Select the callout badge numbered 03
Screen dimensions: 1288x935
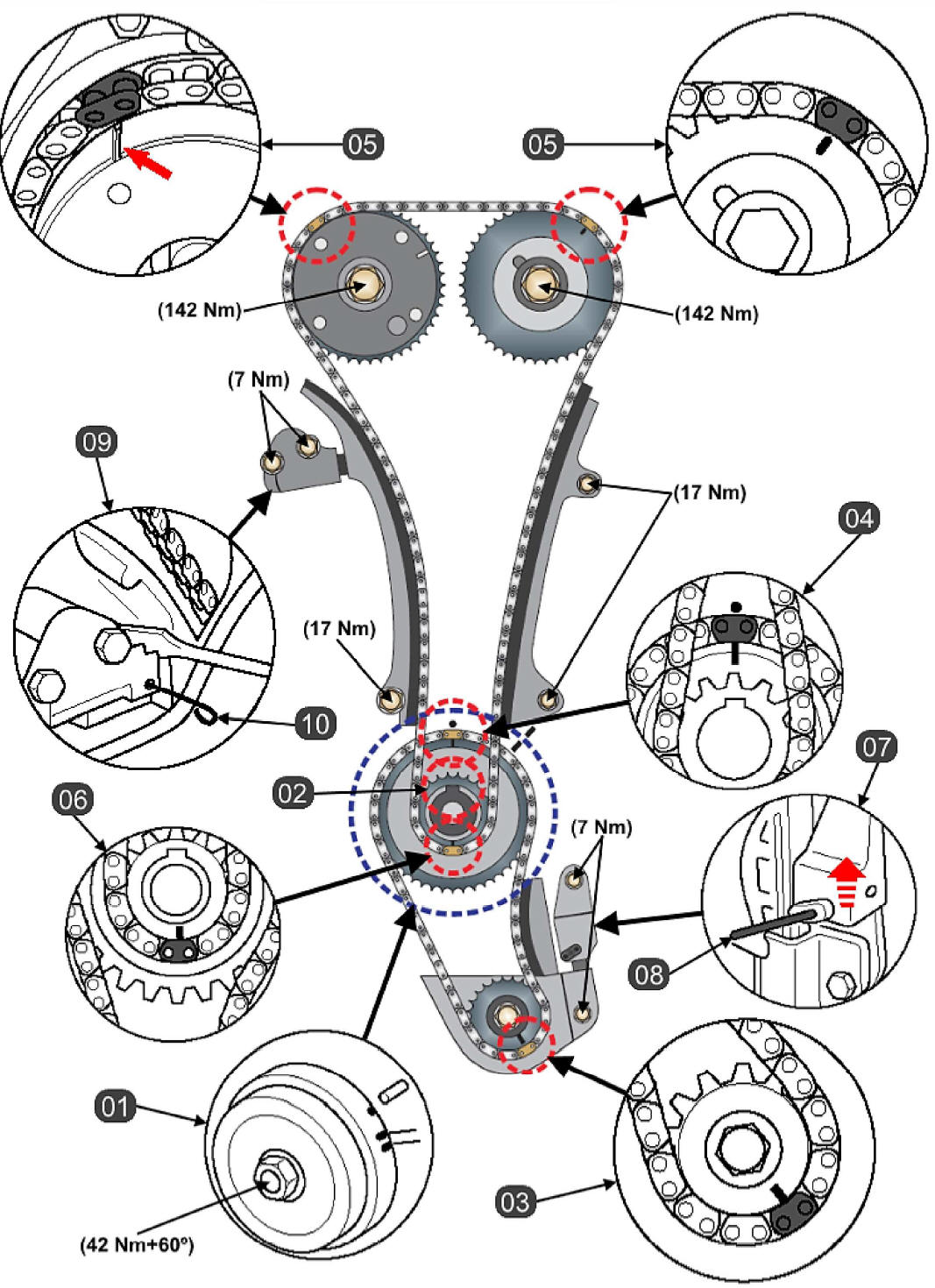(514, 1200)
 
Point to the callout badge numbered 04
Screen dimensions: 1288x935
(858, 518)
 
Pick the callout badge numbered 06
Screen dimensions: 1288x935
(73, 800)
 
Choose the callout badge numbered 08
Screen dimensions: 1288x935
(649, 973)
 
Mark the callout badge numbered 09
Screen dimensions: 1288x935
(97, 442)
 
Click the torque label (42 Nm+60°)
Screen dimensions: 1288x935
(137, 1243)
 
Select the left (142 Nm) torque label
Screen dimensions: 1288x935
(199, 309)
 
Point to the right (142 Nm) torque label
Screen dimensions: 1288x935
(716, 313)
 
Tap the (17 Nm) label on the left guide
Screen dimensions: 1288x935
(339, 628)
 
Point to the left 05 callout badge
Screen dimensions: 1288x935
(363, 143)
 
